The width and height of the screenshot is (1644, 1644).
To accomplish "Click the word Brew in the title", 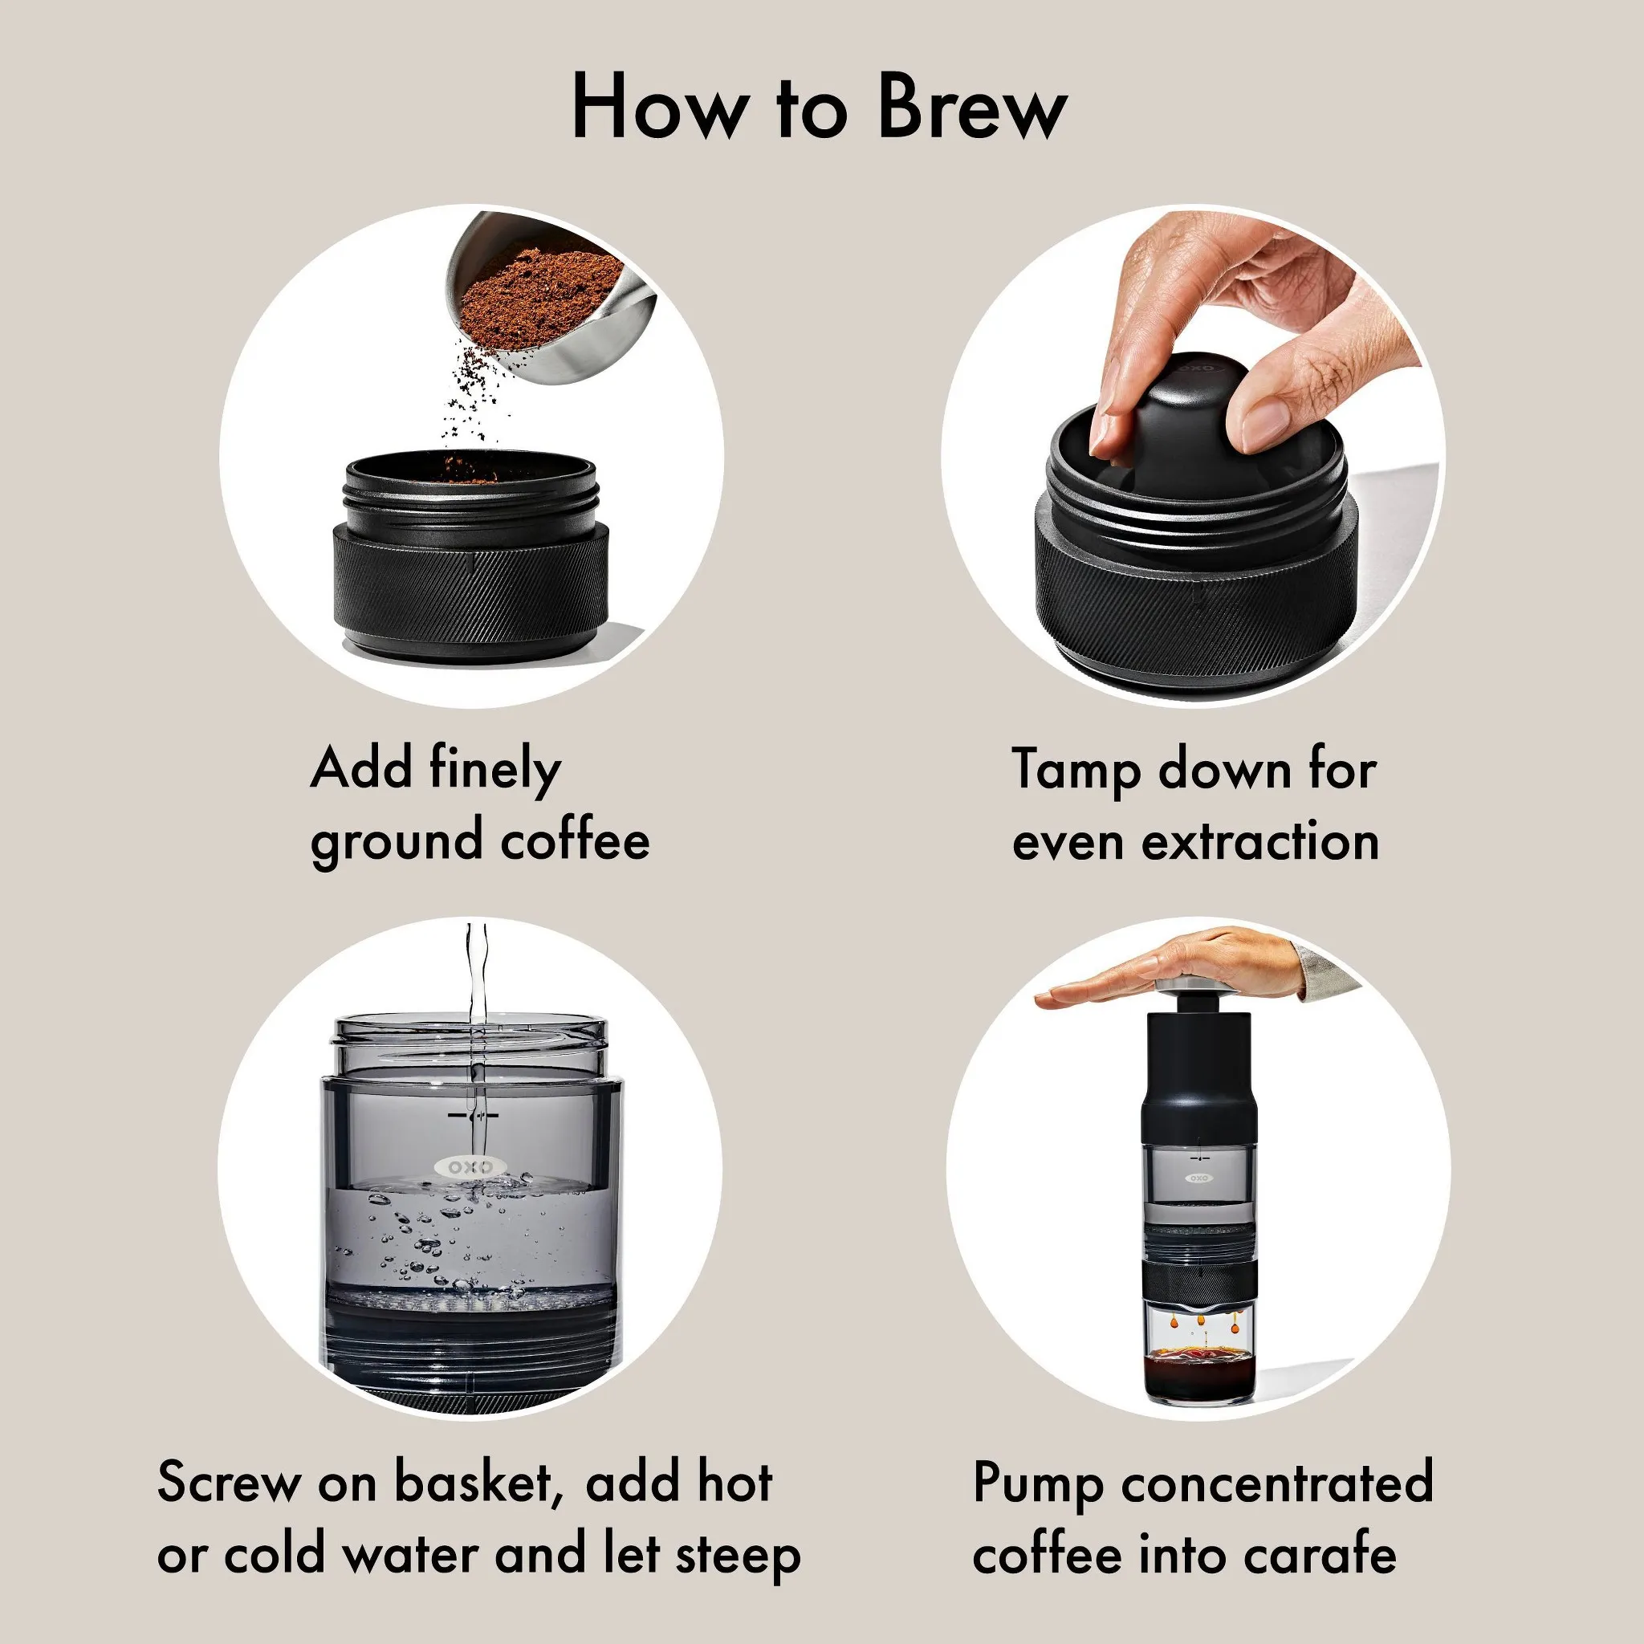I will point(972,109).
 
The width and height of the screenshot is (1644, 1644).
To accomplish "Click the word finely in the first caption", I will point(494,770).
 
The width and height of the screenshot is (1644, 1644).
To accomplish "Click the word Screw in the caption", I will point(229,1483).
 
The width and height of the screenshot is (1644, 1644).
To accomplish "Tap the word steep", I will point(738,1556).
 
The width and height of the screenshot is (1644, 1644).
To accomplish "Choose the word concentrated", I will point(1277,1483).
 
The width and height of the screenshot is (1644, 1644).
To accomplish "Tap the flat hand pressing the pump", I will point(1191,970).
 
